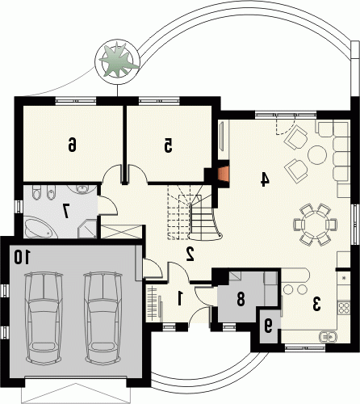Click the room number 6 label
72,144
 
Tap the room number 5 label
168,146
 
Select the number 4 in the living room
265,179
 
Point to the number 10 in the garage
23,257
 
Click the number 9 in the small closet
268,326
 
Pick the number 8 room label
241,299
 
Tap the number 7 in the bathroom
65,210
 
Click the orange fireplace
224,177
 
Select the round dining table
315,225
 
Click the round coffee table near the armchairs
317,155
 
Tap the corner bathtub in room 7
40,229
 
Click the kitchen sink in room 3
327,336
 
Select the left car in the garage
44,318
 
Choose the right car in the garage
103,318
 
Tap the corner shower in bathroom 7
87,229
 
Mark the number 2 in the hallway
190,254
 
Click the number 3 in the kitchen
316,304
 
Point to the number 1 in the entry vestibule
179,299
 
